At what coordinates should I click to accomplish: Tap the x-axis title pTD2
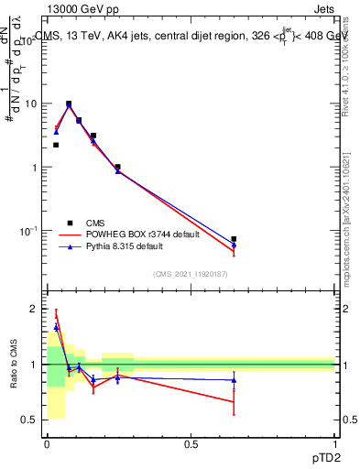(x=321, y=457)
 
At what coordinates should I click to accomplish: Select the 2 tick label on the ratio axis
(x=33, y=309)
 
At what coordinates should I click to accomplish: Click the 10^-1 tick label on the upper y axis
(x=27, y=230)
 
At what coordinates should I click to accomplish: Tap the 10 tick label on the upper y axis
(x=31, y=104)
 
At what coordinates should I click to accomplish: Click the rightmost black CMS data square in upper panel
(x=234, y=239)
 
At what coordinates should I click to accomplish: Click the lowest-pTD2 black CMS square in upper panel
(x=56, y=145)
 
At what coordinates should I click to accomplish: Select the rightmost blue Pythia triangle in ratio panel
(x=234, y=380)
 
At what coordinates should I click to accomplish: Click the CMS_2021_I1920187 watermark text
(x=191, y=273)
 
